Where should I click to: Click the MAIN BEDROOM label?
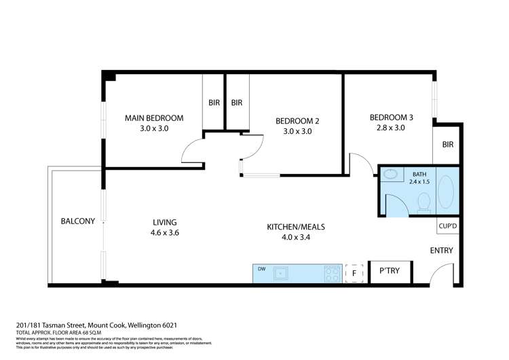(153, 118)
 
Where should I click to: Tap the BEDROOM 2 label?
(297, 122)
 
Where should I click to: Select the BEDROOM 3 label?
(391, 118)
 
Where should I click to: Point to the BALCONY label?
(77, 221)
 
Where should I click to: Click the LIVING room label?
(164, 222)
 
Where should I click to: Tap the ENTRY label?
(441, 251)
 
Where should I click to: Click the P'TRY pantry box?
(389, 272)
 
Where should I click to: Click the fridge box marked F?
(354, 272)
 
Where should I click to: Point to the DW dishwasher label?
(261, 269)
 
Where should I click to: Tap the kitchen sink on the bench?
(281, 273)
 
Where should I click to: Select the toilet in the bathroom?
(424, 202)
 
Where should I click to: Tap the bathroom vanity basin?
(390, 175)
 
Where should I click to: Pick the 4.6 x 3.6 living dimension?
(164, 233)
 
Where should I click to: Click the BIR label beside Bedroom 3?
(447, 145)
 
